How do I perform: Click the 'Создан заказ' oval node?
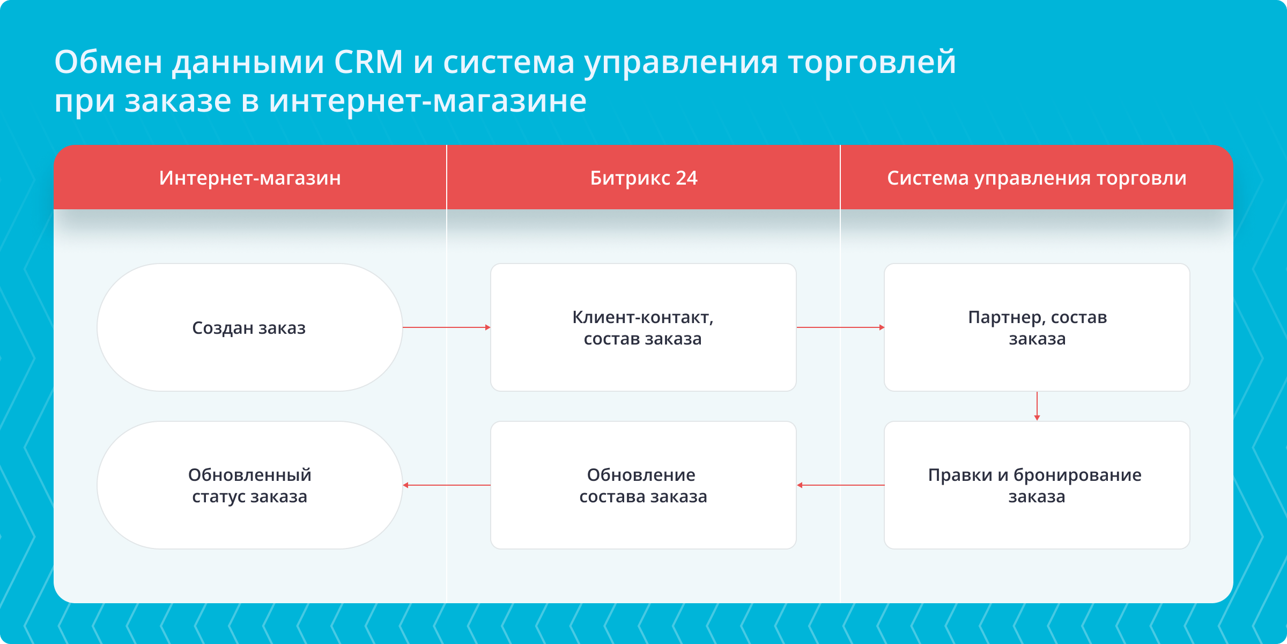coord(249,327)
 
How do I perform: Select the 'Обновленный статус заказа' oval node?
coord(249,485)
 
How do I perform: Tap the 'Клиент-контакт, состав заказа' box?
coord(643,327)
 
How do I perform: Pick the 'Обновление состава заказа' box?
coord(643,485)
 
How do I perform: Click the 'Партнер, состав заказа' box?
coord(1037,327)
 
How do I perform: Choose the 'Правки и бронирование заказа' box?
coord(1037,485)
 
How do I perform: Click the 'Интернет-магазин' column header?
coord(250,178)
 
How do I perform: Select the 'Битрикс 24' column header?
coord(643,178)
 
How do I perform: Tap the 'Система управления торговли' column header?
coord(1037,178)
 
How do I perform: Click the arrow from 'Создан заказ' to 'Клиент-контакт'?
coord(446,327)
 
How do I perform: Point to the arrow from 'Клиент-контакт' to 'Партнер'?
coord(840,327)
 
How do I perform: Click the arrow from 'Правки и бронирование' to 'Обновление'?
coord(840,485)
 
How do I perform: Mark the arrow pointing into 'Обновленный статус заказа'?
coord(446,485)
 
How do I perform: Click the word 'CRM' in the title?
coord(368,62)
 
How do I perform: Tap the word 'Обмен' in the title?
coord(108,62)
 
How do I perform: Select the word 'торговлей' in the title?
coord(872,63)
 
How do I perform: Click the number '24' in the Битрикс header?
coord(686,178)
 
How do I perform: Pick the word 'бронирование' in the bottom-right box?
coord(1077,475)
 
